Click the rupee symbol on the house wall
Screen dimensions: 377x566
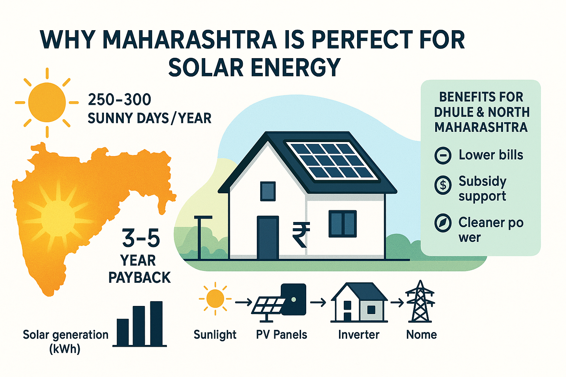click(x=301, y=235)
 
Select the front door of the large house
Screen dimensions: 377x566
click(x=268, y=237)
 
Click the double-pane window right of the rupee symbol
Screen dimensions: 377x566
click(x=342, y=223)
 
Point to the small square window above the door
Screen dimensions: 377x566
click(x=268, y=191)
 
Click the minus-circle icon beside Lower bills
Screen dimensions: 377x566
click(x=443, y=155)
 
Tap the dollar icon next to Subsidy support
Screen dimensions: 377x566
click(x=443, y=185)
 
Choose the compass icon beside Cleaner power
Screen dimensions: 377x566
click(x=443, y=223)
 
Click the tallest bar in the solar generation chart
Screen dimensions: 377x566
click(x=156, y=323)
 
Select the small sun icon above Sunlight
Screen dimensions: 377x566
click(x=215, y=298)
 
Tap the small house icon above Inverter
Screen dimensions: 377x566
click(x=359, y=303)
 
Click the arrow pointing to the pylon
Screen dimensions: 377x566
click(x=397, y=303)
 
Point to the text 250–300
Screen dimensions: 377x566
click(x=120, y=100)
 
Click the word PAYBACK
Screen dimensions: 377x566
click(x=140, y=278)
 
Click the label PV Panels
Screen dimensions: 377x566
click(x=282, y=335)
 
